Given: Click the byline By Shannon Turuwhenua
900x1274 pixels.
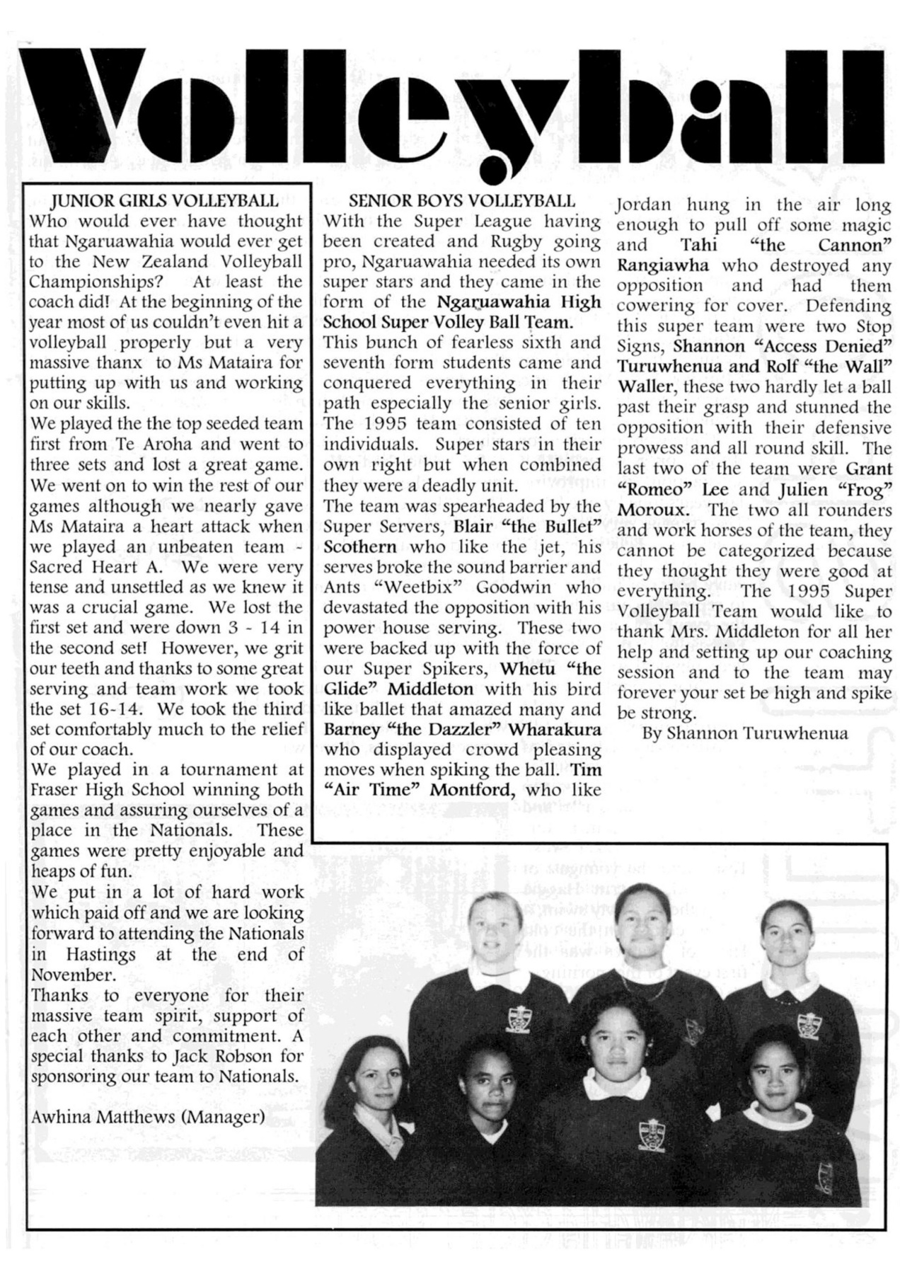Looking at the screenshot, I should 744,733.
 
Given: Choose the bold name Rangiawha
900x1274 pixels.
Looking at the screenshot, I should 657,266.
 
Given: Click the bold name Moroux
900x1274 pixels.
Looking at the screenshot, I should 653,510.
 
